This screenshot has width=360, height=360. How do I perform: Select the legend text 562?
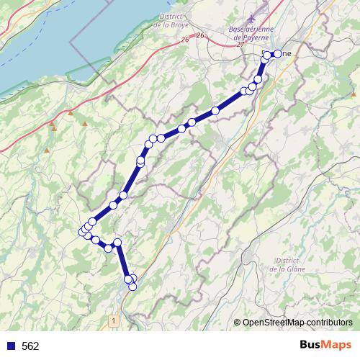[30, 346]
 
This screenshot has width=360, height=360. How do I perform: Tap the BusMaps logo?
[325, 346]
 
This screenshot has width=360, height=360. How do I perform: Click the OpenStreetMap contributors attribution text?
[297, 323]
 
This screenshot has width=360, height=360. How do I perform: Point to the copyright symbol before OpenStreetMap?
[237, 323]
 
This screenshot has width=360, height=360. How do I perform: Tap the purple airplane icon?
[250, 16]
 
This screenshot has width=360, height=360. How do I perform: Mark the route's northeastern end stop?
[277, 53]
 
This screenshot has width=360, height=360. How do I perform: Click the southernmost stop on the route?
[132, 287]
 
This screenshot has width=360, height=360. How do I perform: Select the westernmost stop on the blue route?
[82, 231]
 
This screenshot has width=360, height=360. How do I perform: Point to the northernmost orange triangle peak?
[71, 112]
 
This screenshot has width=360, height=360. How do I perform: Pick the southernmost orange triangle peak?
[48, 150]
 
